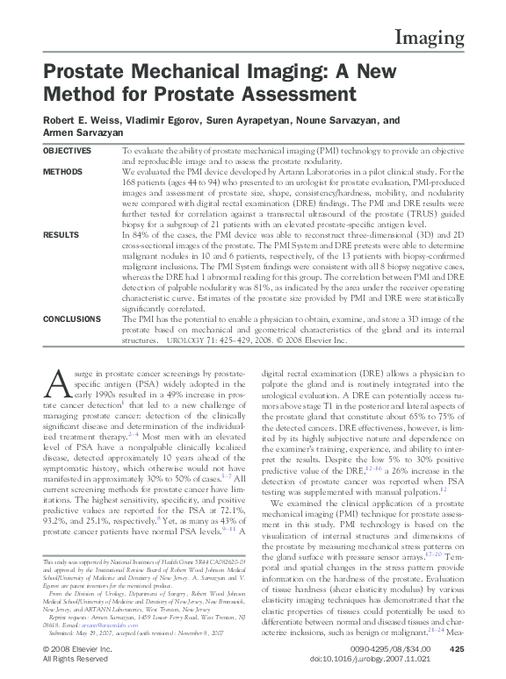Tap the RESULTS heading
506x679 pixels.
(x=61, y=236)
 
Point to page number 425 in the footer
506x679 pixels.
(x=455, y=648)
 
